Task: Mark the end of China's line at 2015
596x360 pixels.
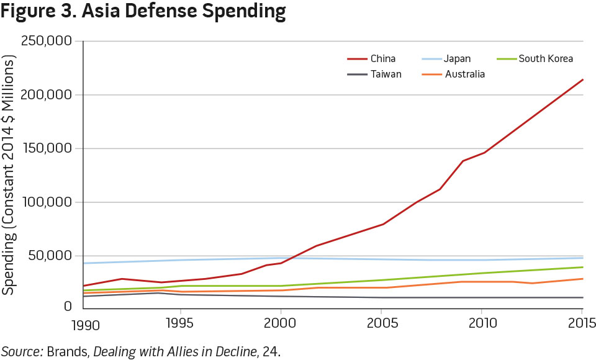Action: coord(582,79)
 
